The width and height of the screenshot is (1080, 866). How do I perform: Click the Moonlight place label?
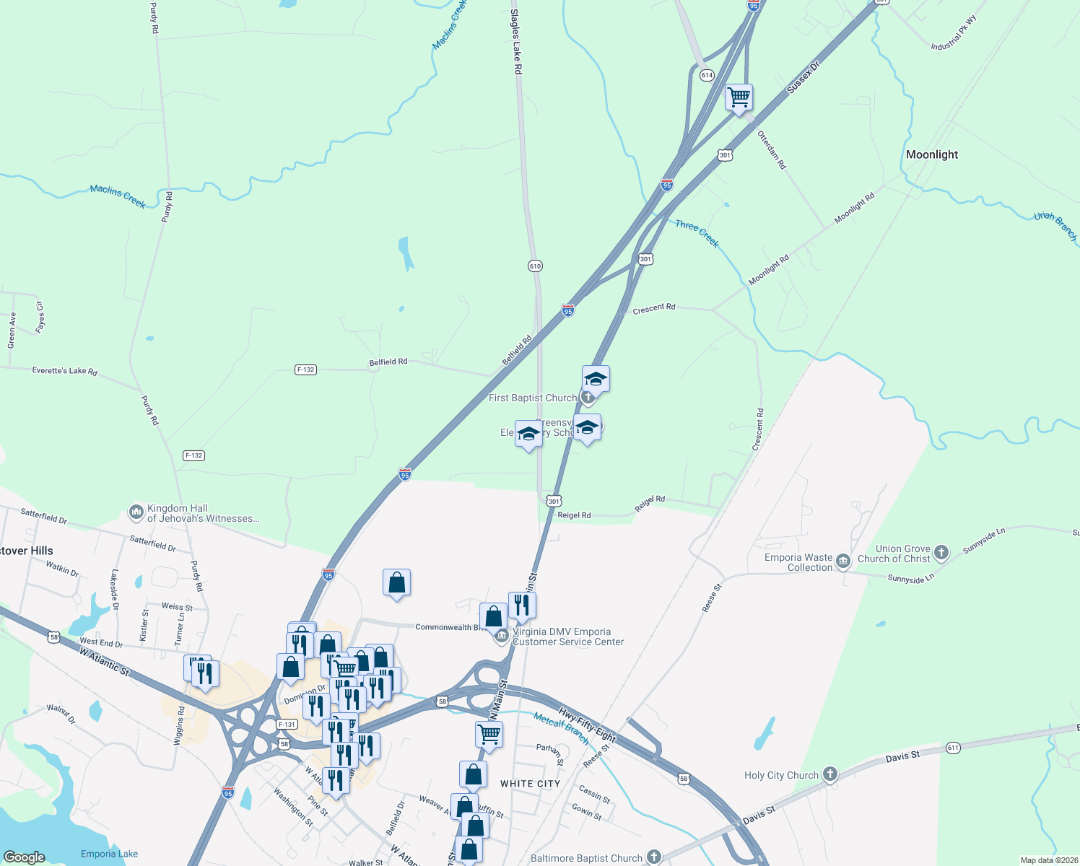tap(932, 154)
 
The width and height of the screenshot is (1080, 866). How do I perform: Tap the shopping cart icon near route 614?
tap(739, 97)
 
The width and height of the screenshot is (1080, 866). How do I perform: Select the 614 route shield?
tap(707, 75)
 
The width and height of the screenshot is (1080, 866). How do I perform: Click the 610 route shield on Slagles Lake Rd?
tap(535, 266)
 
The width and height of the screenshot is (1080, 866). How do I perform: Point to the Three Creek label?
tap(697, 234)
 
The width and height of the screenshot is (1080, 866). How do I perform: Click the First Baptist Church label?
tap(533, 398)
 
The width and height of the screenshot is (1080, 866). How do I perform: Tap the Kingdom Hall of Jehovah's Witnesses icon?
tap(136, 512)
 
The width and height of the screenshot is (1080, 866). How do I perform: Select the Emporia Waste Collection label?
tap(798, 562)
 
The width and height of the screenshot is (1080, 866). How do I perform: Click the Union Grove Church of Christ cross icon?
tap(941, 554)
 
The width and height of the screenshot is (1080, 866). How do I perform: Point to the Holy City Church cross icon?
tap(829, 775)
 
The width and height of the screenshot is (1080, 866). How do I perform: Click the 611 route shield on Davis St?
tap(953, 748)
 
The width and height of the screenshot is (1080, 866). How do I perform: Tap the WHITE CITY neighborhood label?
tap(530, 784)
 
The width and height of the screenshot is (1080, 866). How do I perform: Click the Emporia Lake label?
tap(109, 854)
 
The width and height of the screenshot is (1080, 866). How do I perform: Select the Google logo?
tap(24, 857)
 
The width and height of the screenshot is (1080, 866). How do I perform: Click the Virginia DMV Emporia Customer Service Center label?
tap(567, 637)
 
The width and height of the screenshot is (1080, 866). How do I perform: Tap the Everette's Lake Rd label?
tap(64, 371)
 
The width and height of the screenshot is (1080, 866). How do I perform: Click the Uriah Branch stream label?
tap(1055, 226)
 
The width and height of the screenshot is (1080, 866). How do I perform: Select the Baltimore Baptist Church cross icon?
tap(653, 857)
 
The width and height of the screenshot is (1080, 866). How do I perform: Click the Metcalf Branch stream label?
tap(561, 728)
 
